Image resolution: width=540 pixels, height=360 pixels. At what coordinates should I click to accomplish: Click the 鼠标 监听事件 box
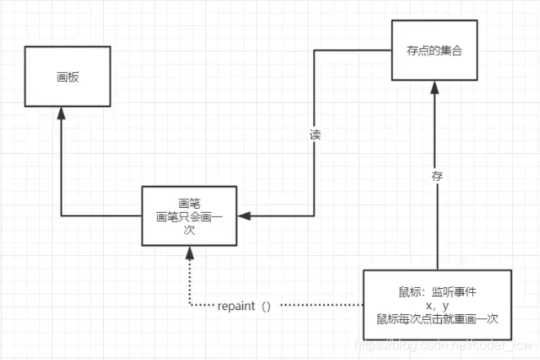pos(437,304)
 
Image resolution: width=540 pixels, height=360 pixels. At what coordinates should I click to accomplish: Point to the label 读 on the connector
pos(314,135)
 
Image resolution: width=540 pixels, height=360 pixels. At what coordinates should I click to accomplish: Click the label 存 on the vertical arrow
pos(438,174)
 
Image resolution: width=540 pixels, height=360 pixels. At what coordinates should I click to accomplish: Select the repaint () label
pos(244,306)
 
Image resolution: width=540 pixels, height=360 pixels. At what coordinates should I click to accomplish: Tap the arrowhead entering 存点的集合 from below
pos(438,88)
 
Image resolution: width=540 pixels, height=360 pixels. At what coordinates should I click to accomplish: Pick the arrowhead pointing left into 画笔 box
pos(243,216)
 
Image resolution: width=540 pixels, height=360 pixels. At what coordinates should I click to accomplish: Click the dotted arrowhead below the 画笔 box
pos(189,251)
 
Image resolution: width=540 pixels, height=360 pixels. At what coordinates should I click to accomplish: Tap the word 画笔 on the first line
pos(190,203)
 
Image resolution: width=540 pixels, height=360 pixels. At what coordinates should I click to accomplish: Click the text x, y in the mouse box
pos(438,304)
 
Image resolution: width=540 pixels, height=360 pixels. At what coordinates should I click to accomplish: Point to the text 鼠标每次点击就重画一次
pos(438,318)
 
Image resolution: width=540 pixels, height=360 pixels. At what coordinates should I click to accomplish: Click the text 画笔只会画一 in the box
pos(190,217)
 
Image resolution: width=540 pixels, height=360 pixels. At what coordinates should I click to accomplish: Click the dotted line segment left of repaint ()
pos(200,306)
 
